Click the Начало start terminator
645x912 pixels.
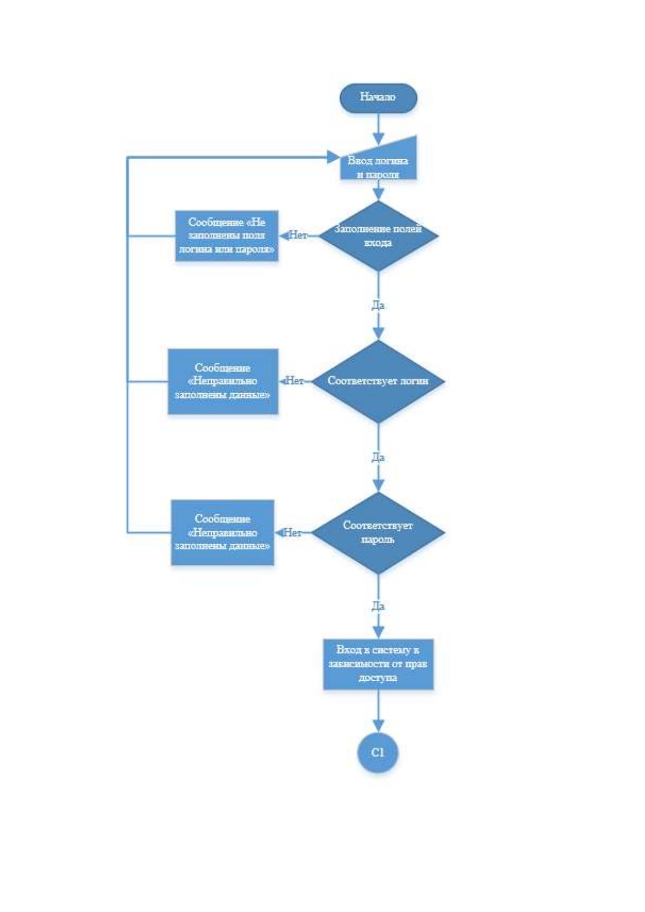379,98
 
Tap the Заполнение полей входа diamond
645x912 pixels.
379,236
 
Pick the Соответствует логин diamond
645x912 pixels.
379,381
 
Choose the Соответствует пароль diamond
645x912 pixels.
379,532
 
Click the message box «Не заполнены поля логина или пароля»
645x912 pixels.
227,236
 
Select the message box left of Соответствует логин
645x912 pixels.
223,381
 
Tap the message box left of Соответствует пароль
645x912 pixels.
223,532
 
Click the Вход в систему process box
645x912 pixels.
379,664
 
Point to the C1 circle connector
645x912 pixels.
378,753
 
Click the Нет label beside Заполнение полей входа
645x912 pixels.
298,236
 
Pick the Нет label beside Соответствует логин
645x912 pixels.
295,381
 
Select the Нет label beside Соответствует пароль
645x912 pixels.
292,532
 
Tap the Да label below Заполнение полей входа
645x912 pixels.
379,305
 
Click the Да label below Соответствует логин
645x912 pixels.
379,458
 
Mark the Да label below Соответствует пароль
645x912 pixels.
379,607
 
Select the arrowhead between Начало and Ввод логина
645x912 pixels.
379,139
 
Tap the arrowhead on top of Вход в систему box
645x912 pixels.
379,633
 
